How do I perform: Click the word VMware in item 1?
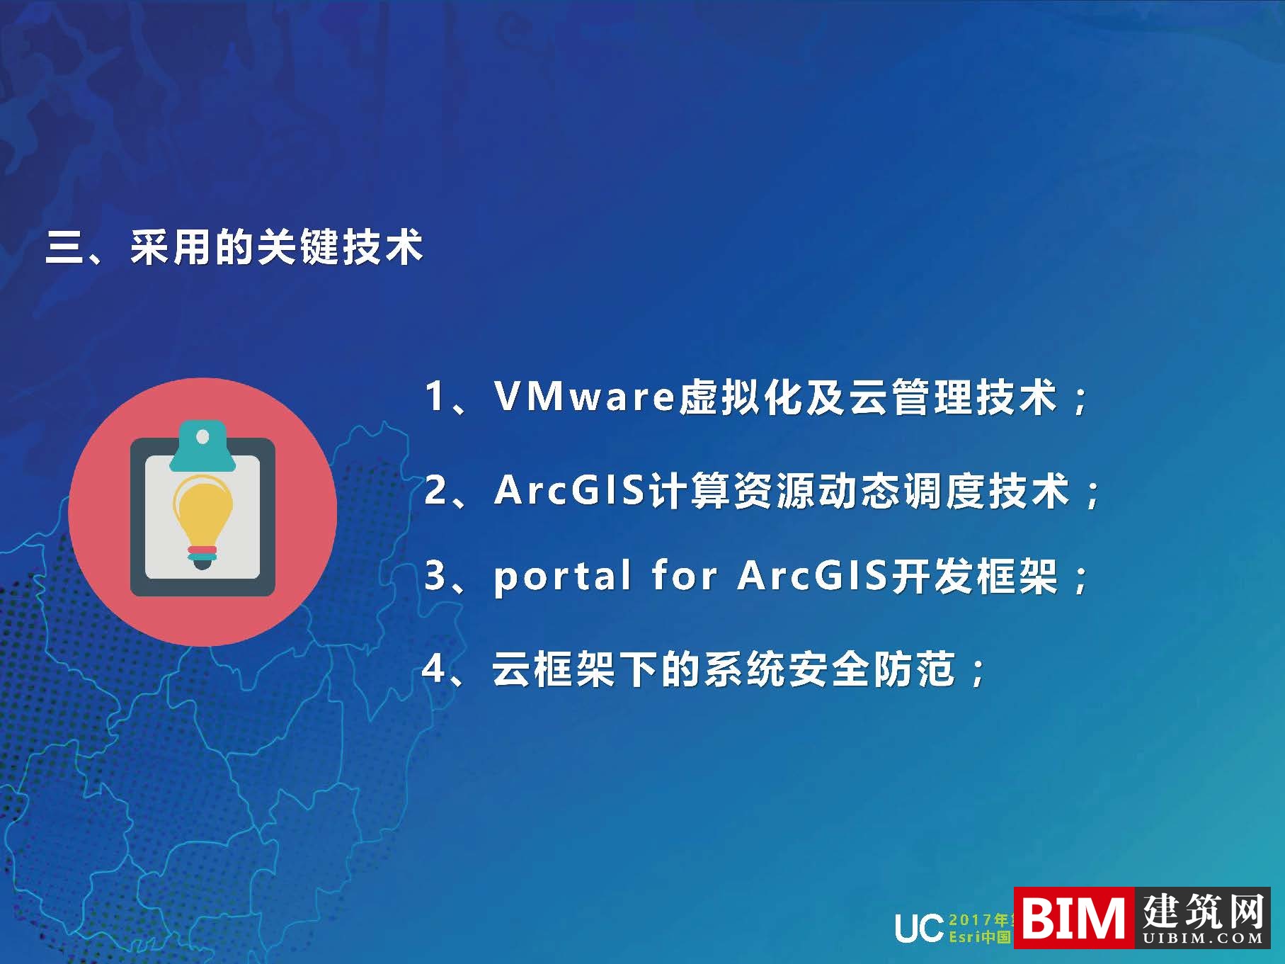583,396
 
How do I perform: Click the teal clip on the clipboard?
202,446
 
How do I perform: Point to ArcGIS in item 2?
569,490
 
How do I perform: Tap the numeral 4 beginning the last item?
433,668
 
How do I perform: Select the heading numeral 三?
64,249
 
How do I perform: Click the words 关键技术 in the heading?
339,248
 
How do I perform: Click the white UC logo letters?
918,928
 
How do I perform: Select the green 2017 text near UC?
970,919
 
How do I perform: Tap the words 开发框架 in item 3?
974,575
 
